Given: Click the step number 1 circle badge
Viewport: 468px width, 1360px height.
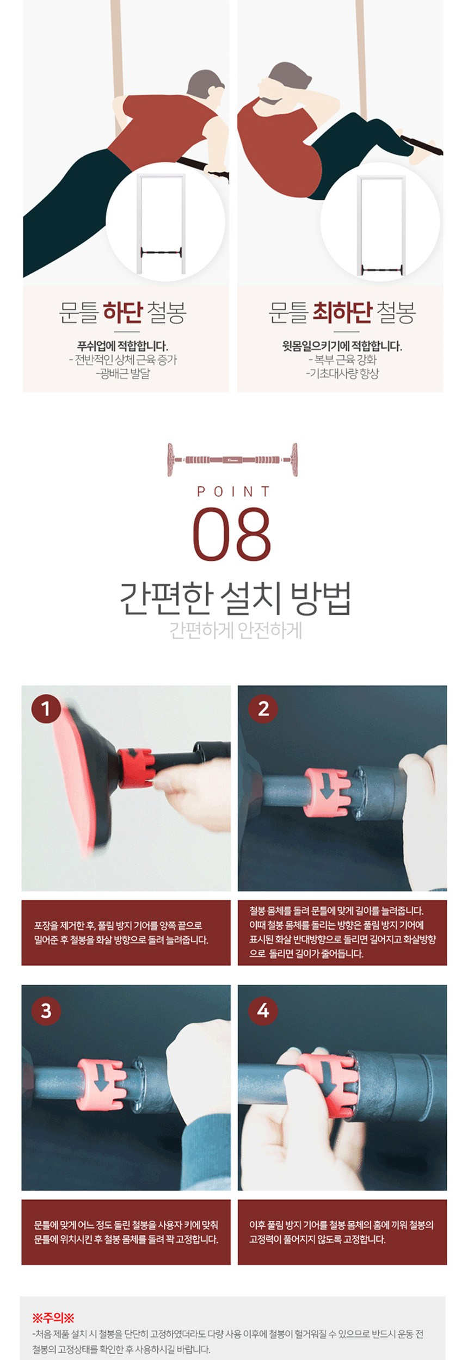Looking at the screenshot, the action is [46, 709].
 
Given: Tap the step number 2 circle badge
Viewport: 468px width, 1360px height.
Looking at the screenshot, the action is [263, 709].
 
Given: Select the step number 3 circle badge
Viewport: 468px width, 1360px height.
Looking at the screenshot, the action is [46, 1010].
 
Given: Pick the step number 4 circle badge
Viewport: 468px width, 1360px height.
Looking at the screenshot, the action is [263, 1010].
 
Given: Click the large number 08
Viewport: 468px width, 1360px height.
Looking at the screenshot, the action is [232, 534].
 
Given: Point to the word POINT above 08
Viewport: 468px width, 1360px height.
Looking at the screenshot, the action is [234, 492].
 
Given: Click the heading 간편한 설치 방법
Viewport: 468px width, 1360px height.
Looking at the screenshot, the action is [235, 598].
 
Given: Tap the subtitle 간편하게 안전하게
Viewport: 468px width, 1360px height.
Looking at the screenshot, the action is [235, 631].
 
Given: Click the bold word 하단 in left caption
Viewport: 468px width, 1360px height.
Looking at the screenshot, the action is [123, 312].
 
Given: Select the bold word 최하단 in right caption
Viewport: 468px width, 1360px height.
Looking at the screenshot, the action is [342, 312].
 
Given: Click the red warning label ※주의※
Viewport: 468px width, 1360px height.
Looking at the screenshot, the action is [53, 1318].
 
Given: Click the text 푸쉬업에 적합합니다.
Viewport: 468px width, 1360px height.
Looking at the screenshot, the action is [122, 345].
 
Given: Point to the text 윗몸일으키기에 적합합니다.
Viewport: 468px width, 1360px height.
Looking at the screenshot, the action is [342, 345].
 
